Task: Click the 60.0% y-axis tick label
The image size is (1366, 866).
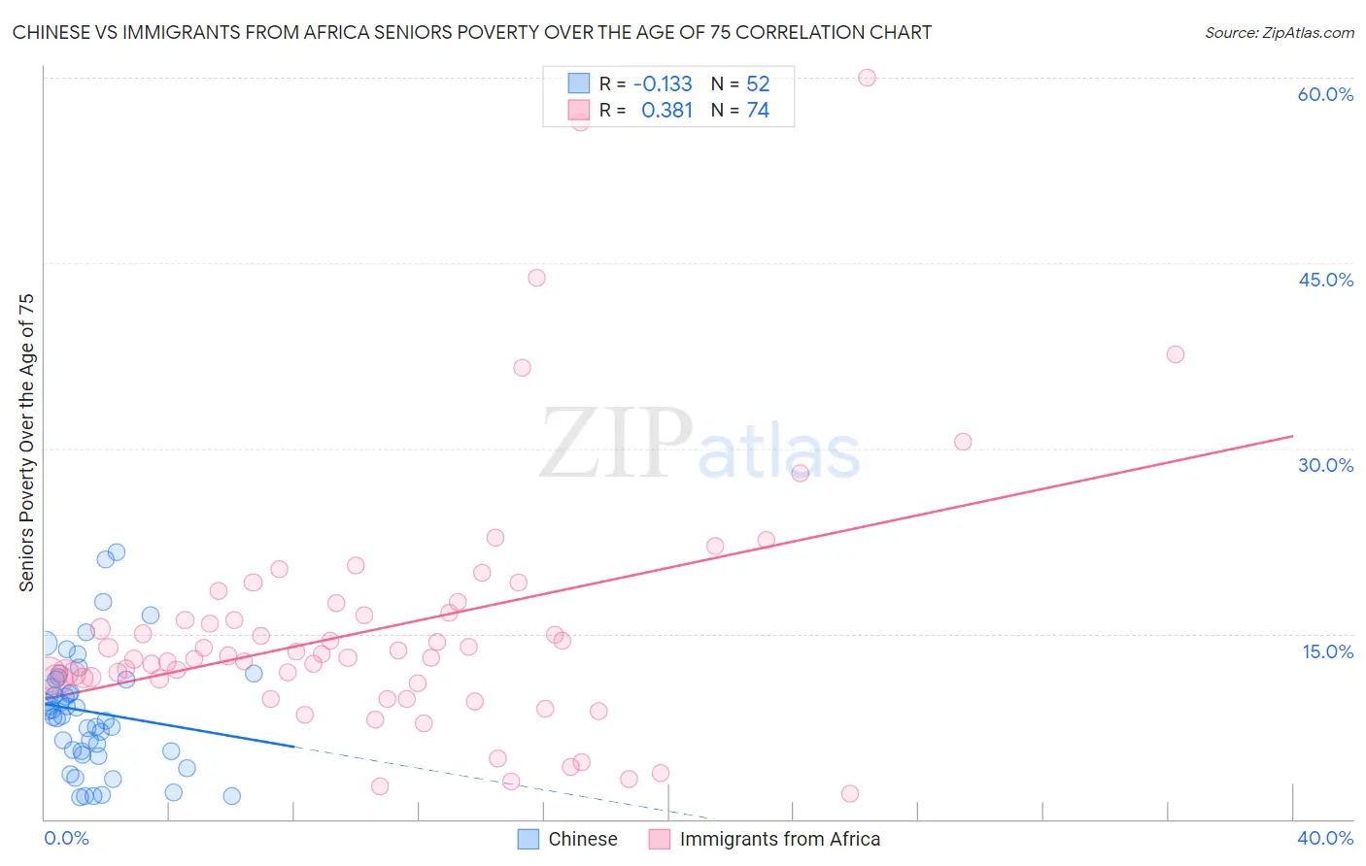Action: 1325,94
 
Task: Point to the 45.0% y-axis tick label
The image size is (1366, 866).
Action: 1325,280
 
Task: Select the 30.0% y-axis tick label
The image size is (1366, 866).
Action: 1325,465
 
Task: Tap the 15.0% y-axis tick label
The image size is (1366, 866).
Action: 1327,651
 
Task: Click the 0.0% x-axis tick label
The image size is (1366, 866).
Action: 66,838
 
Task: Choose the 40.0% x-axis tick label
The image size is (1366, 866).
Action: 1325,838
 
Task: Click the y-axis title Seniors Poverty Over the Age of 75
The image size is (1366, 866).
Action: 27,443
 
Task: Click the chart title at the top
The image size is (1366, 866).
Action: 472,32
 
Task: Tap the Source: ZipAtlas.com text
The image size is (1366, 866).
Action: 1279,32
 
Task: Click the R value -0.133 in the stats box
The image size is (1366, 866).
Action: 663,83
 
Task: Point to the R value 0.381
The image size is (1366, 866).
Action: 666,111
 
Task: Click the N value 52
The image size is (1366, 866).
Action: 758,83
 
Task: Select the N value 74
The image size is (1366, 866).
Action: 758,111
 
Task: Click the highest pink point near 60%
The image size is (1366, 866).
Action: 867,78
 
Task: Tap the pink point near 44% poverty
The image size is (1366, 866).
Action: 536,278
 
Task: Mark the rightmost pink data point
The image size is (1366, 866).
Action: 1175,354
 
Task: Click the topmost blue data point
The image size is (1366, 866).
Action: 117,552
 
